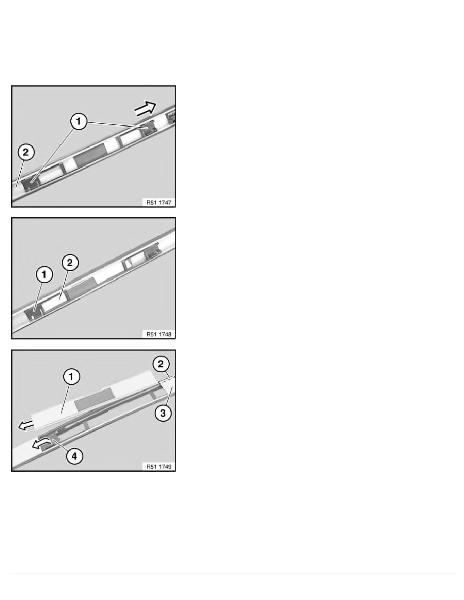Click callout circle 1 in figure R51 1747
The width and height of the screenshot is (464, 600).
click(78, 122)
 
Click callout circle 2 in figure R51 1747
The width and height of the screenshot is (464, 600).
click(26, 153)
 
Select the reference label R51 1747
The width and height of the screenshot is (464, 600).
click(159, 203)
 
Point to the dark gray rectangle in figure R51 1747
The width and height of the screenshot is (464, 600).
click(91, 155)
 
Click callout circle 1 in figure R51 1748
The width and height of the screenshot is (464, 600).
click(44, 275)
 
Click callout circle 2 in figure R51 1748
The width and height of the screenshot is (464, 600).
click(70, 263)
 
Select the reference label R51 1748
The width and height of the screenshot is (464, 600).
click(159, 334)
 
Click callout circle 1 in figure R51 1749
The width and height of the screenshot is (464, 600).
click(71, 377)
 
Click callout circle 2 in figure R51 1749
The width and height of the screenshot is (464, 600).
click(161, 364)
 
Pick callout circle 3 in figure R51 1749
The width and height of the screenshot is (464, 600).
click(163, 413)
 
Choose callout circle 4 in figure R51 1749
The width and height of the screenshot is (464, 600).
click(74, 456)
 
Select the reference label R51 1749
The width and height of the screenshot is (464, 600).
click(159, 467)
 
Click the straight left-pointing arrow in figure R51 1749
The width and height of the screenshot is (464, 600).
click(26, 425)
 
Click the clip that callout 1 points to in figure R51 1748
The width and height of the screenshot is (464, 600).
click(33, 313)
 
